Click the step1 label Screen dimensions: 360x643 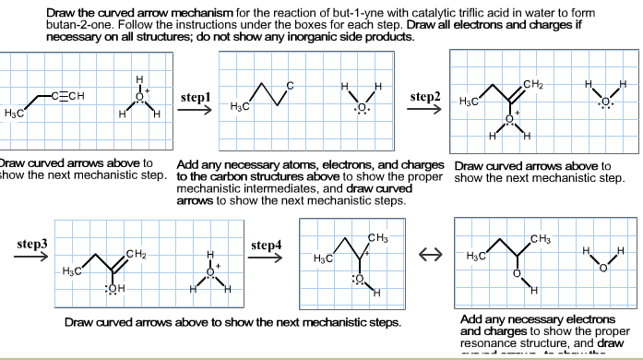coord(196,97)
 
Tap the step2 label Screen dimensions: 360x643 coord(425,97)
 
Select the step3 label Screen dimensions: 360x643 coord(31,246)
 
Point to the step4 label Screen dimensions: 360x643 coord(266,246)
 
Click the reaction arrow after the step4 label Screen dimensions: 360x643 coord(266,258)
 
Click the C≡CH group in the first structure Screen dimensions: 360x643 coord(68,96)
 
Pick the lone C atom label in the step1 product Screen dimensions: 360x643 coord(292,86)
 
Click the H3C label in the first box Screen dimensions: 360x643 coord(14,112)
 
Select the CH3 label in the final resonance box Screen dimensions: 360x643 coord(543,240)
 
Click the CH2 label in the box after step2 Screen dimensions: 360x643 coord(532,86)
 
